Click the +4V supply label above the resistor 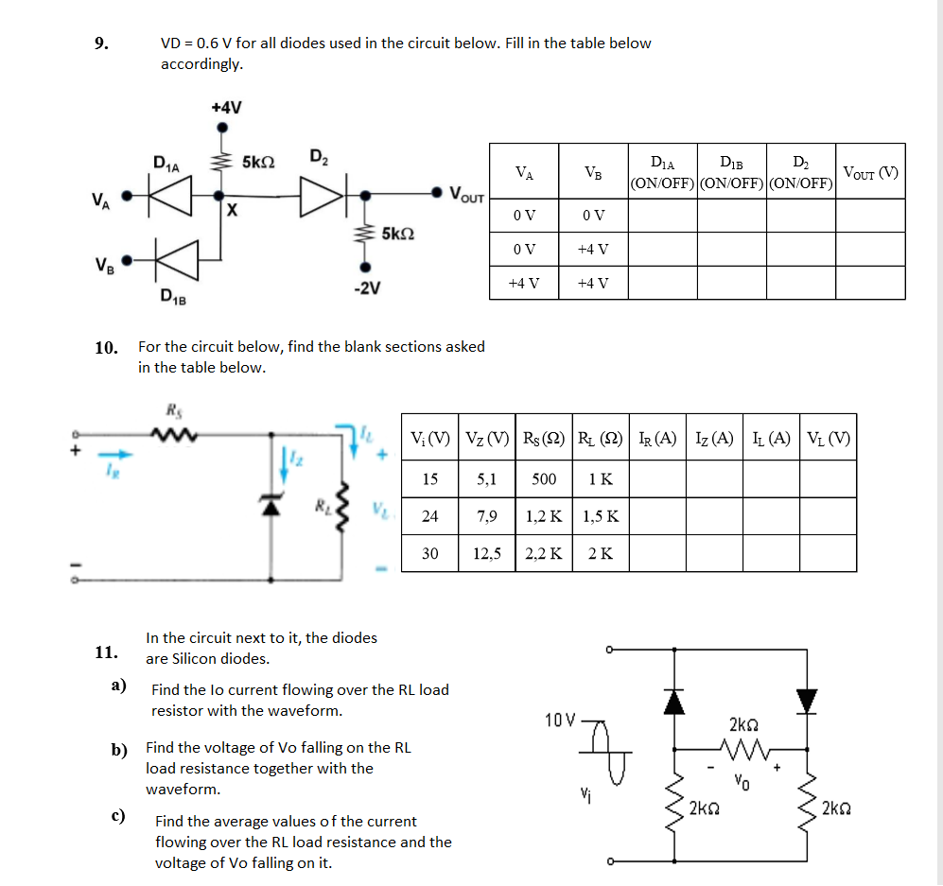(x=226, y=107)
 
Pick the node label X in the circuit (x=230, y=211)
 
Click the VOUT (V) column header (x=870, y=172)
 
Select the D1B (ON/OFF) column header (x=731, y=172)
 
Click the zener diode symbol (x=273, y=506)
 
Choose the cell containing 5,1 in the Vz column (x=487, y=479)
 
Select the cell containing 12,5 (x=487, y=553)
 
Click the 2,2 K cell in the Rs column (x=544, y=553)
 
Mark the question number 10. (x=106, y=347)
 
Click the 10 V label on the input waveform (x=560, y=721)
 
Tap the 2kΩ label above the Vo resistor (x=742, y=725)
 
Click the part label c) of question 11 (x=120, y=815)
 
